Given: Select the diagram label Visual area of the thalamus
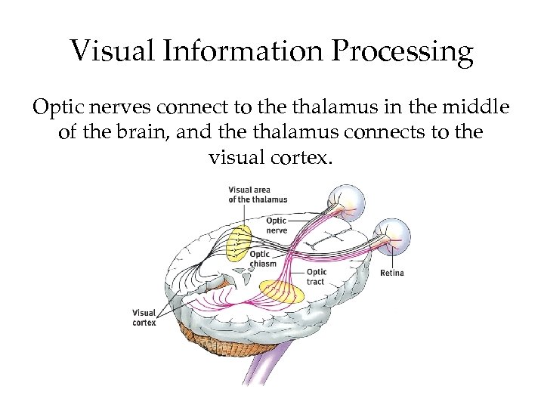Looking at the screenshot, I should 258,194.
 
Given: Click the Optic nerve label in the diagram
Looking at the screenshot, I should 277,225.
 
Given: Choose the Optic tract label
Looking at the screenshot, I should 317,277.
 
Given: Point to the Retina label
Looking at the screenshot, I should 391,273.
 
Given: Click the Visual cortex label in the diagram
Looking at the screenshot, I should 144,317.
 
